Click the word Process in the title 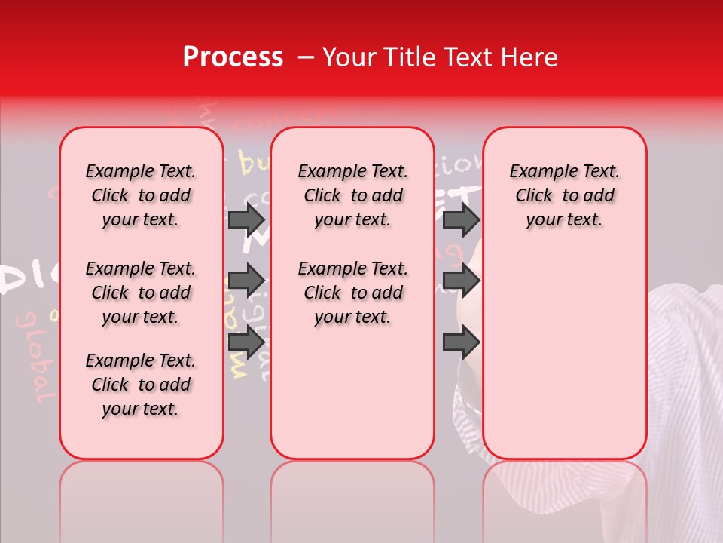(233, 57)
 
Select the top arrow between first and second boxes (246, 219)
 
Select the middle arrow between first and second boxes (246, 281)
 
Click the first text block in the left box (141, 195)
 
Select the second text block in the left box (141, 293)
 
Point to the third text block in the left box (141, 385)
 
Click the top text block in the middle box (352, 195)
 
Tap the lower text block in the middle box (352, 293)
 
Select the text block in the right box (564, 195)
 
